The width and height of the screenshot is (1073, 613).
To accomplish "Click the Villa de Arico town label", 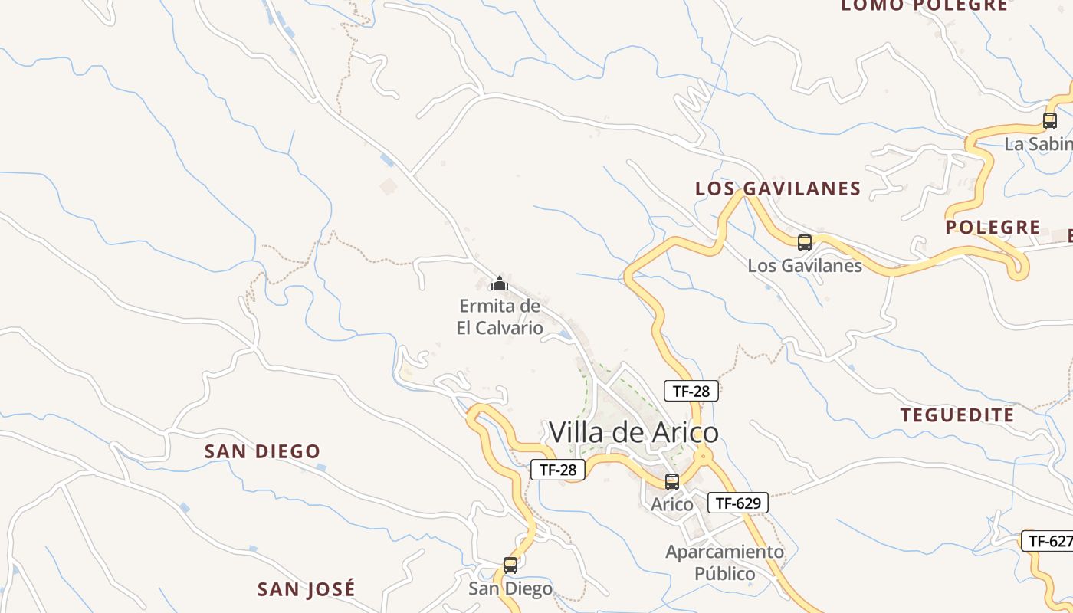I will [634, 433].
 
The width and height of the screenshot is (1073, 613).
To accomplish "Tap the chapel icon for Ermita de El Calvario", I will [500, 284].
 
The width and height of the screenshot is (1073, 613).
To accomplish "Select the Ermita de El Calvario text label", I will [500, 317].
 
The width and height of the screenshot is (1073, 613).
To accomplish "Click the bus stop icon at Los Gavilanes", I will [805, 243].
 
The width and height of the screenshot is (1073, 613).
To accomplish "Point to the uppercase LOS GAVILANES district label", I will [778, 188].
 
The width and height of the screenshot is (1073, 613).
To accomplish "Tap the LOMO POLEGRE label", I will [924, 5].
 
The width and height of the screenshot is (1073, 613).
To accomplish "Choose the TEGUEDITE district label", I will [957, 415].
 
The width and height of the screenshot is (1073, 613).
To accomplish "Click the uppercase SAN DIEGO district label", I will [262, 451].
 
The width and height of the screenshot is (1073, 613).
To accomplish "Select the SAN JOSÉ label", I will [307, 589].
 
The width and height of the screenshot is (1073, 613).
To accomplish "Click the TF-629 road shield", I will [737, 503].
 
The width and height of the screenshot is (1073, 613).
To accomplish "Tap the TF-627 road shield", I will [1048, 541].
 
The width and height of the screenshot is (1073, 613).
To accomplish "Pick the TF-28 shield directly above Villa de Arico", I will [691, 391].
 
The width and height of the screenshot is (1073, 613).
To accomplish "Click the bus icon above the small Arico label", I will [672, 482].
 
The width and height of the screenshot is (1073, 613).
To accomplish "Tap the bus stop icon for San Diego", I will [510, 565].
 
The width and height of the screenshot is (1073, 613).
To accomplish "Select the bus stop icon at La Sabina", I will [1050, 121].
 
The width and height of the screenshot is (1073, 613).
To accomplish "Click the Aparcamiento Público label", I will [725, 562].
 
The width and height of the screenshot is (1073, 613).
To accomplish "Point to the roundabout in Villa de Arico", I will [703, 457].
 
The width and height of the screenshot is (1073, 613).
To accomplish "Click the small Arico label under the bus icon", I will [672, 505].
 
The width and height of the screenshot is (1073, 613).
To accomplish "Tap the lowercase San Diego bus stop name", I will [510, 589].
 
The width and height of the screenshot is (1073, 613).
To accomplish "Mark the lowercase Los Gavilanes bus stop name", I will [805, 266].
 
